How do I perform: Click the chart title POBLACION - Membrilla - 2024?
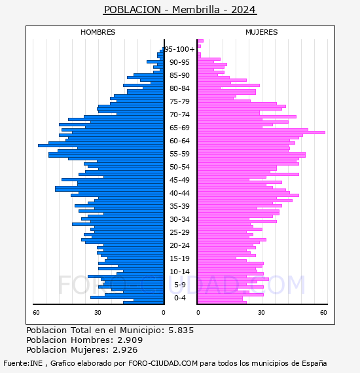click(180, 10)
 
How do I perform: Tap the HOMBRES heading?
click(98, 32)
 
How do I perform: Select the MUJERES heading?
click(262, 32)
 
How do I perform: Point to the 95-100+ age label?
click(180, 49)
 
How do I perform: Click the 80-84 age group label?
click(179, 88)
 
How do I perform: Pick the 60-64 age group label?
click(179, 141)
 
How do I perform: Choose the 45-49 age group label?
click(179, 180)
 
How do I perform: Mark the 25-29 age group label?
click(179, 232)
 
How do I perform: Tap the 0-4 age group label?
click(180, 298)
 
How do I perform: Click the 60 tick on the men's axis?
click(36, 313)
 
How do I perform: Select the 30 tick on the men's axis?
click(98, 313)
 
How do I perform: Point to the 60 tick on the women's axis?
click(323, 313)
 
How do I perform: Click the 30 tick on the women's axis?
click(261, 313)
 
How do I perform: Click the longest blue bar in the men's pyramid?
click(101, 145)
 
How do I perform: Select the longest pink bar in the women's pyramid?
click(261, 132)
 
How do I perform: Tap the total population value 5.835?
click(181, 330)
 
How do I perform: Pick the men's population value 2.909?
click(130, 340)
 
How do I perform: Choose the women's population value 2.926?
click(125, 349)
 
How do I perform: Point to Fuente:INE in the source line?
click(23, 363)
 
